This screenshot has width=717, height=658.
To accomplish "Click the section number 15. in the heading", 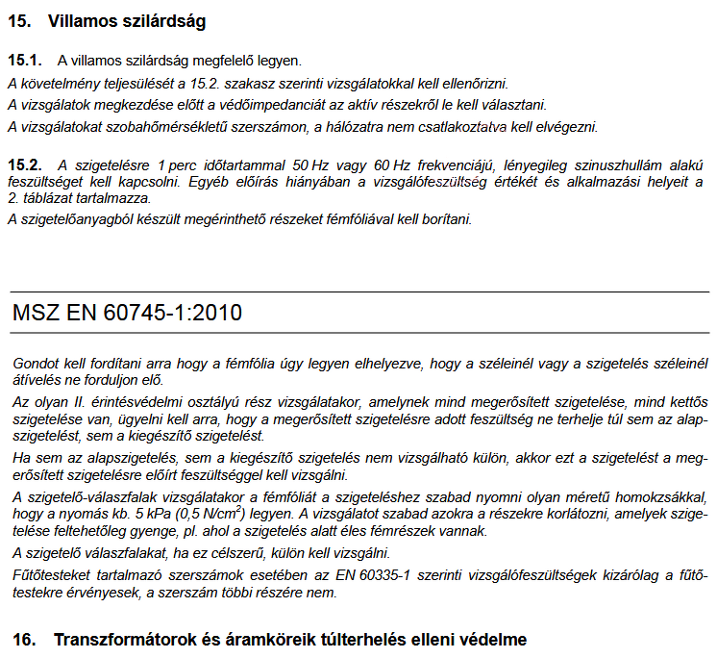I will (x=19, y=19).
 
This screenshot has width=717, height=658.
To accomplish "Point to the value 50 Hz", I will (x=313, y=164).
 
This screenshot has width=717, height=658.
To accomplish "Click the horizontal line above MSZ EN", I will (x=358, y=291).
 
